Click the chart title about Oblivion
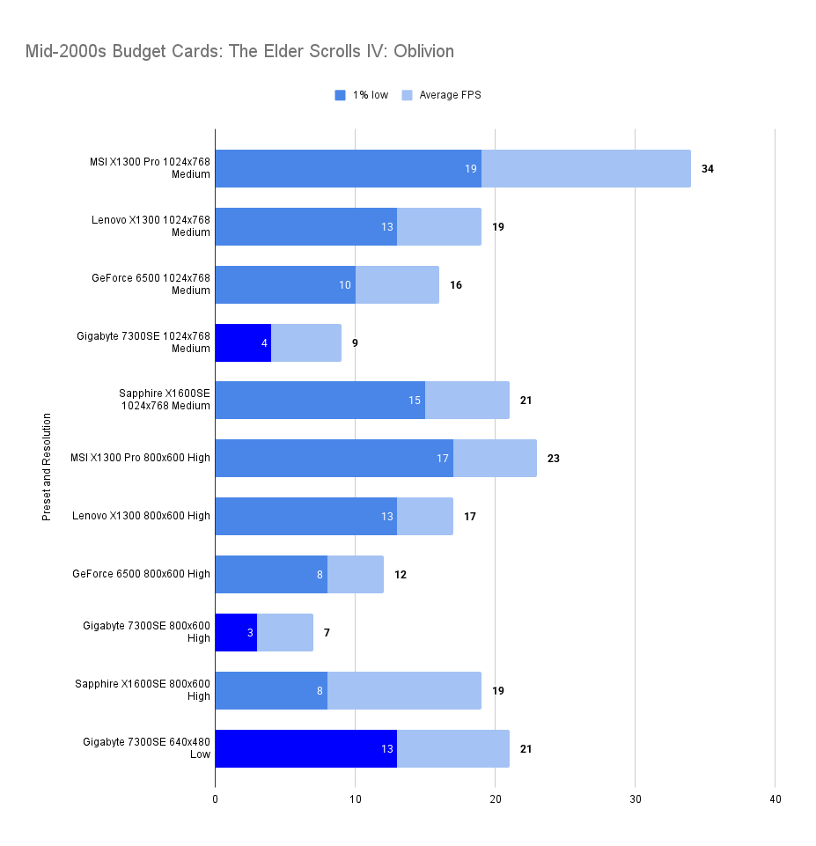[240, 51]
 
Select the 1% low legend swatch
[340, 95]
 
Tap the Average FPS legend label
[450, 95]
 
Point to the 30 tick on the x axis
[635, 799]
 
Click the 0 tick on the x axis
[215, 799]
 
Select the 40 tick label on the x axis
[775, 799]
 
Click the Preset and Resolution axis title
[47, 467]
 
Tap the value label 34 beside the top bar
[707, 168]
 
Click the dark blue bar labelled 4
[242, 342]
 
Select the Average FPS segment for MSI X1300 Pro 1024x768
[585, 168]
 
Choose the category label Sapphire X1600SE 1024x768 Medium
[165, 400]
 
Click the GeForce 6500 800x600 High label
[141, 574]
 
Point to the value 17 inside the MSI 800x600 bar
[443, 459]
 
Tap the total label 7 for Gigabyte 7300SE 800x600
[326, 632]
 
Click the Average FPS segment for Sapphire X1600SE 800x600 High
[404, 690]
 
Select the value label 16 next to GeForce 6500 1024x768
[455, 284]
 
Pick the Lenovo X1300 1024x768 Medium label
[151, 226]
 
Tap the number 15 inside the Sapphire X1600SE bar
[415, 401]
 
